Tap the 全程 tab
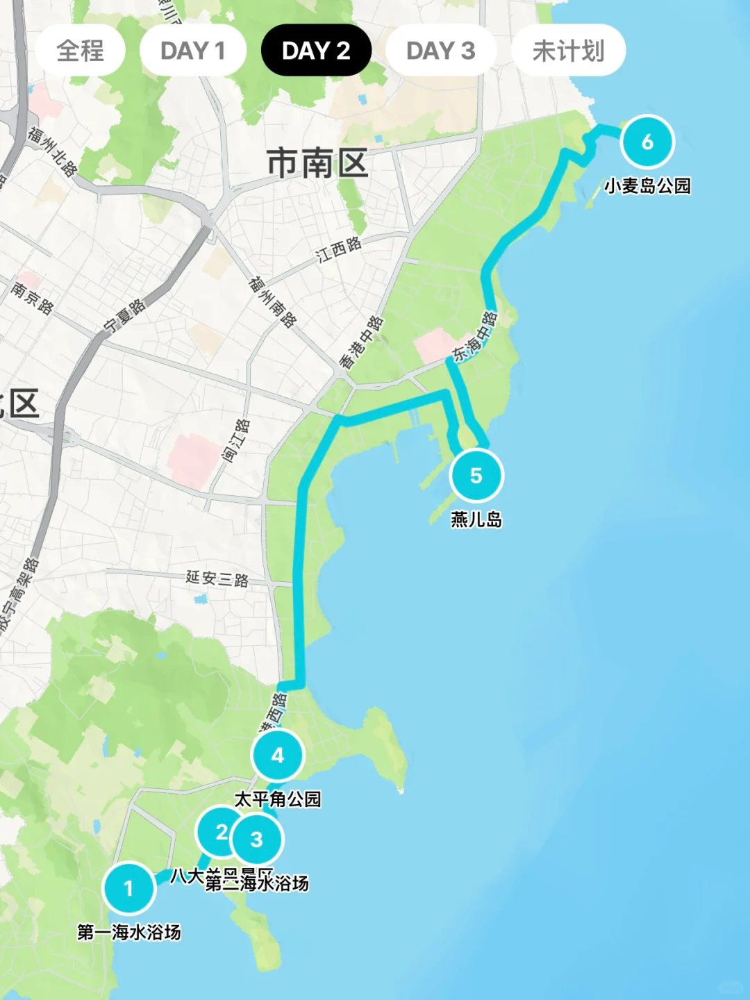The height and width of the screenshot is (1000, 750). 80,51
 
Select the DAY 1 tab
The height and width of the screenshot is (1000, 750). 192,51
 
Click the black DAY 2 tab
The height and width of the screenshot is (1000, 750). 316,51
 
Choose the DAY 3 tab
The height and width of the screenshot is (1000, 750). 440,51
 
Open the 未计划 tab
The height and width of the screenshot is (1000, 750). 568,51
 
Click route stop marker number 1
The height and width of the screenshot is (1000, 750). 128,888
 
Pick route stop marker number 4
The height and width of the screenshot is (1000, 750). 278,755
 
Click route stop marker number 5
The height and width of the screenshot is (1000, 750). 476,476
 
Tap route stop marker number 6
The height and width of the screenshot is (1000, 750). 647,142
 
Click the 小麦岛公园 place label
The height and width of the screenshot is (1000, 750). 647,186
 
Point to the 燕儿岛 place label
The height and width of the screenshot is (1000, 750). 476,519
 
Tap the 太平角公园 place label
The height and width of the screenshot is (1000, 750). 278,799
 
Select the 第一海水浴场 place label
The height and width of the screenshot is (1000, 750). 129,932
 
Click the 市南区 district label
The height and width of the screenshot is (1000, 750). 317,164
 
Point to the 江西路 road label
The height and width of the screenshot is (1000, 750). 340,249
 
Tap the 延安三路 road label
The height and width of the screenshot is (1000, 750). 217,578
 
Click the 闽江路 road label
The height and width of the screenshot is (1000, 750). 236,441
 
